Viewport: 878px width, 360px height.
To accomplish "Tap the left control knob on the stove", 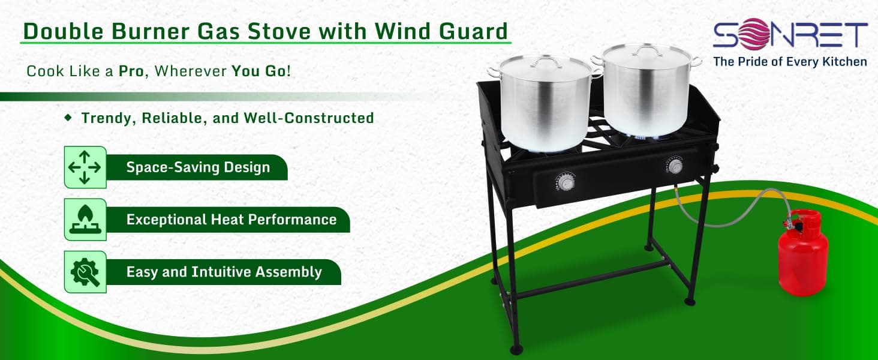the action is [566, 182].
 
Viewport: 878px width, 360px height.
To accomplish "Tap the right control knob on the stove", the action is [675, 166].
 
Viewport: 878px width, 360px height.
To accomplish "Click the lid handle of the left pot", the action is [546, 61].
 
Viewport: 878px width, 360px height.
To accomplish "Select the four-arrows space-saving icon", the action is [85, 167].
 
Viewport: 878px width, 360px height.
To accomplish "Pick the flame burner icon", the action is [85, 219].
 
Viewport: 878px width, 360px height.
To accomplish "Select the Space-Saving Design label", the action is [198, 167].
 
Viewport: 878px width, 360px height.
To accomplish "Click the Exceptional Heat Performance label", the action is [231, 219].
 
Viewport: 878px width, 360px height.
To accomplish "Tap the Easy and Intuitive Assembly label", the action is [224, 272].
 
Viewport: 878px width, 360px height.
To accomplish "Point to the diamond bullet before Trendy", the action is [69, 117].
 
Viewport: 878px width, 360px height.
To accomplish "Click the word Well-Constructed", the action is [309, 118].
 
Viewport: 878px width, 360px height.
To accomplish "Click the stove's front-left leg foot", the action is [516, 349].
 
